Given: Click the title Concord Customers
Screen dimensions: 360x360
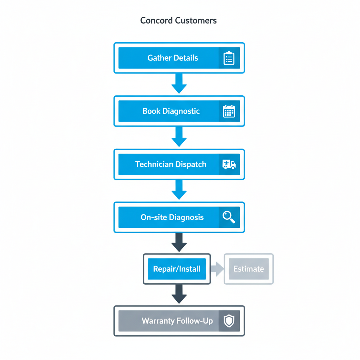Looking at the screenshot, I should pyautogui.click(x=178, y=20).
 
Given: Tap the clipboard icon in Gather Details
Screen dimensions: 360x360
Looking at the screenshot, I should pyautogui.click(x=229, y=58).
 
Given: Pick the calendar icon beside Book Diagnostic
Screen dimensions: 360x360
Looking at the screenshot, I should pyautogui.click(x=229, y=111).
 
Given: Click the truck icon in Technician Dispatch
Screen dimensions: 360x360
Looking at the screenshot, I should pyautogui.click(x=229, y=164).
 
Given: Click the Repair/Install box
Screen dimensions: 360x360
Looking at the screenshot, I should pyautogui.click(x=176, y=269).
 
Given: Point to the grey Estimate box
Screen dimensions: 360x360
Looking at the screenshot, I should pyautogui.click(x=249, y=269).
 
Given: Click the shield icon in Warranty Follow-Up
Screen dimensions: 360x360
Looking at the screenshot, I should pyautogui.click(x=229, y=321).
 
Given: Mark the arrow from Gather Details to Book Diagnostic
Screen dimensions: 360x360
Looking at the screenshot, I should pyautogui.click(x=179, y=84).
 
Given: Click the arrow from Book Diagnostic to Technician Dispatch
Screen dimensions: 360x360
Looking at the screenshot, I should pyautogui.click(x=179, y=137).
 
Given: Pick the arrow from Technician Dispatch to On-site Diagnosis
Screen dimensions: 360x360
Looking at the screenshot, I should pyautogui.click(x=179, y=190).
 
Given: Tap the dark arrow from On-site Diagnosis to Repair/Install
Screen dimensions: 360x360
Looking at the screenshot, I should pyautogui.click(x=179, y=243).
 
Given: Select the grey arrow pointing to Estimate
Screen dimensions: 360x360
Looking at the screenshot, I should pyautogui.click(x=217, y=269).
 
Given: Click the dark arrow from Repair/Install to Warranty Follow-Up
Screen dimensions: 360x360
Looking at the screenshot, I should pyautogui.click(x=179, y=294).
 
